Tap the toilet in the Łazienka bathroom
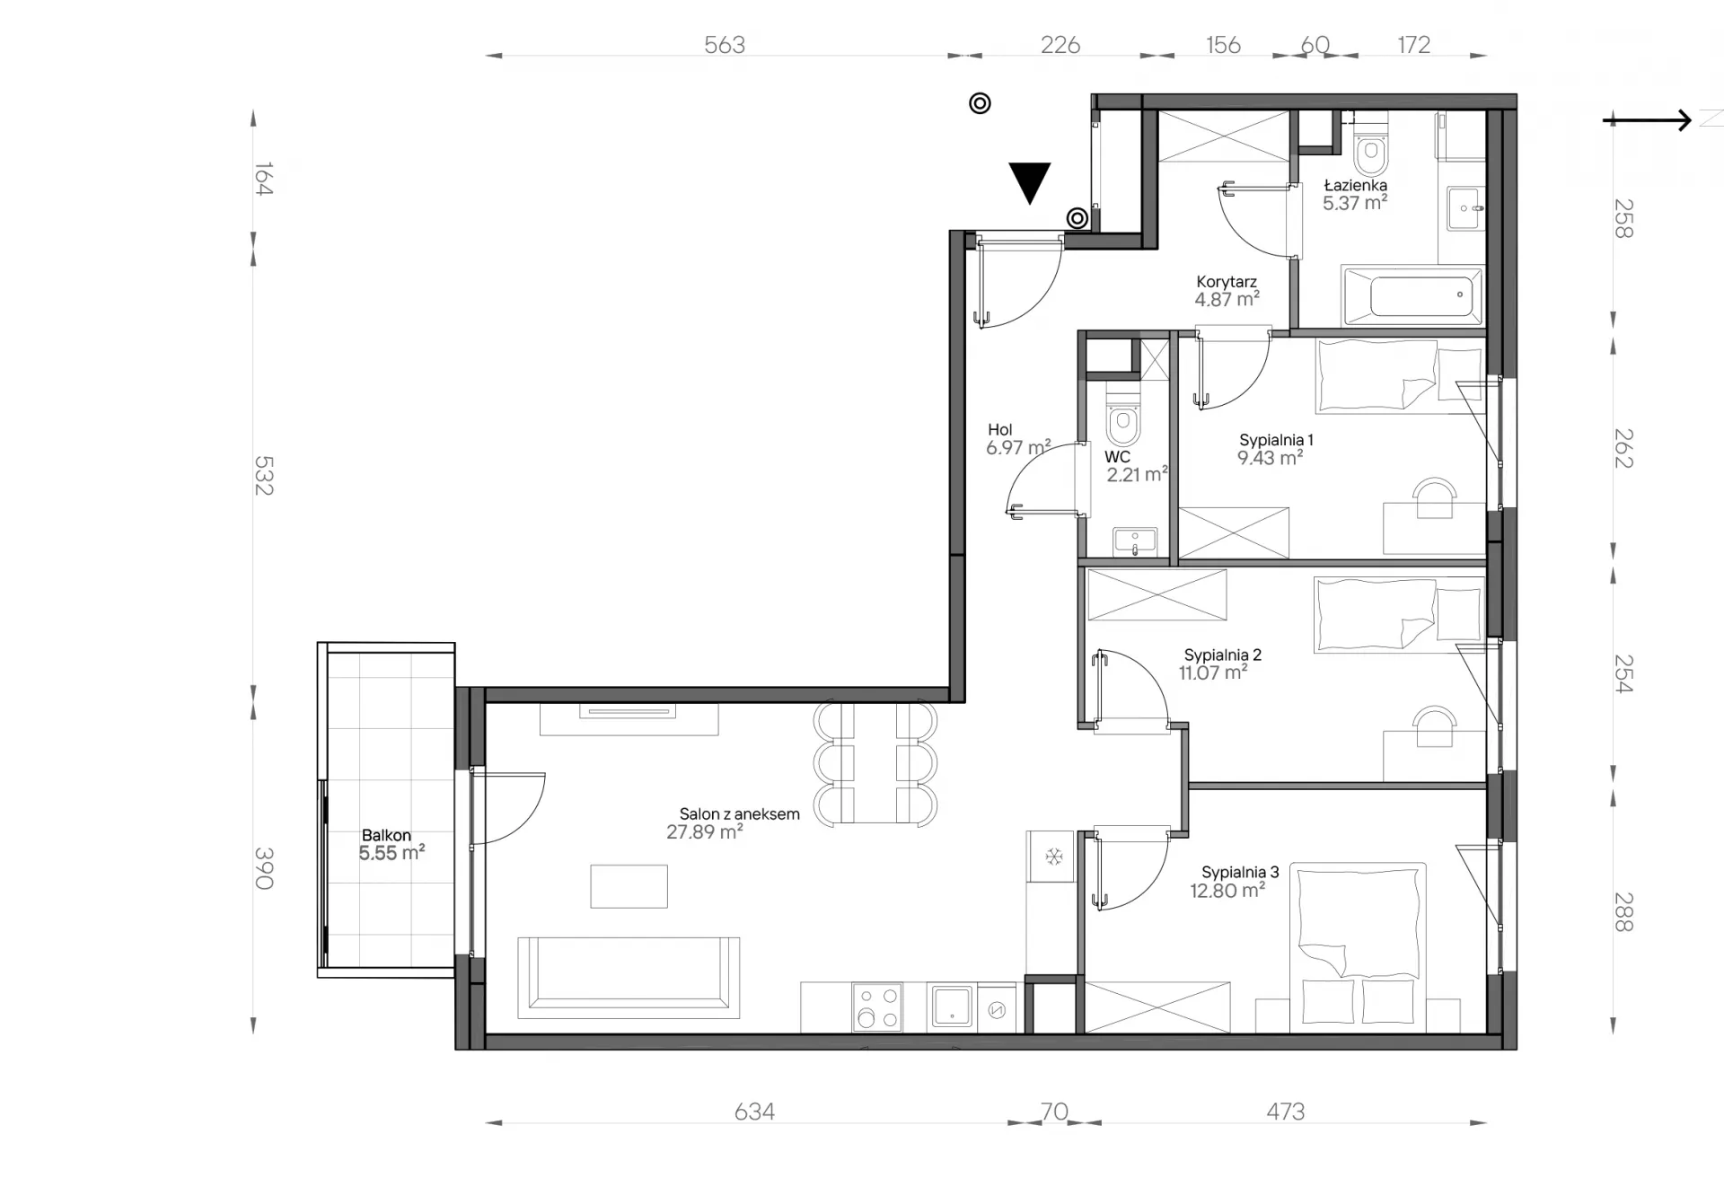(x=1370, y=152)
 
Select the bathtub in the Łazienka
(x=1412, y=295)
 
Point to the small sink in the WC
(x=1135, y=541)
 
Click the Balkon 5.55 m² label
(x=391, y=845)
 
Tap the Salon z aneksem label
(x=739, y=814)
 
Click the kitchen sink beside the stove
(x=952, y=1007)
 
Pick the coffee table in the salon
(x=629, y=886)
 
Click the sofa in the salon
(x=629, y=978)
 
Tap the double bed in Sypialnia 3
(x=1359, y=948)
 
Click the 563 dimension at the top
(x=725, y=45)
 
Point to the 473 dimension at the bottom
(x=1285, y=1112)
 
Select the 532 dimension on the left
(x=262, y=476)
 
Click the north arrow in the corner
(x=1647, y=119)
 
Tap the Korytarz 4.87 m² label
(x=1227, y=291)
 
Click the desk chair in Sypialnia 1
(x=1434, y=497)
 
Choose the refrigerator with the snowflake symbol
(x=1051, y=856)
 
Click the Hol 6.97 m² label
(x=1017, y=439)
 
